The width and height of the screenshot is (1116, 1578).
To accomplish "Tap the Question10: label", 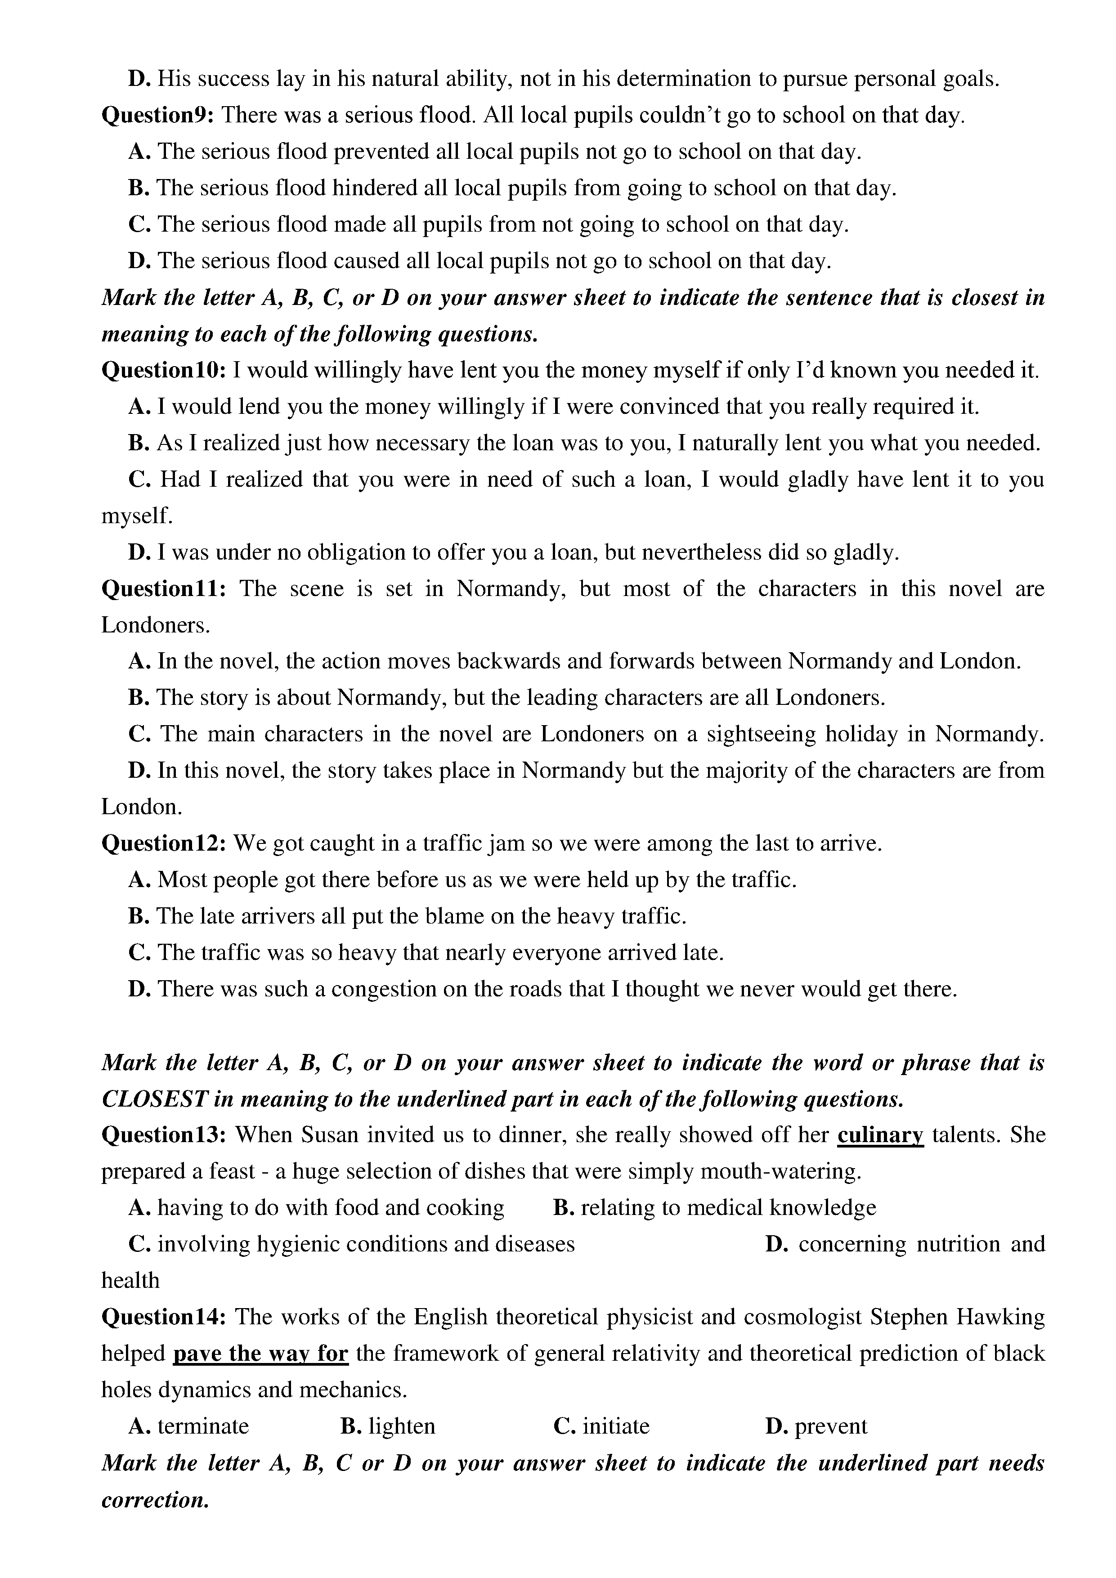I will (164, 371).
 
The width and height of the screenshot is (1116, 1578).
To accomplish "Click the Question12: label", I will (164, 843).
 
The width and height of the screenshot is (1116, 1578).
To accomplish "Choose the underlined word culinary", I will (879, 1135).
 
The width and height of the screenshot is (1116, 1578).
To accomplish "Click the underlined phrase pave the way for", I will (260, 1353).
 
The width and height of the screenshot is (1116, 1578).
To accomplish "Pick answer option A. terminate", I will (189, 1426).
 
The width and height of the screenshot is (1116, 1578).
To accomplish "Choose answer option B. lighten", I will (388, 1426).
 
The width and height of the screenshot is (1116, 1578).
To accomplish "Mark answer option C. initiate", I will (602, 1426).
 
